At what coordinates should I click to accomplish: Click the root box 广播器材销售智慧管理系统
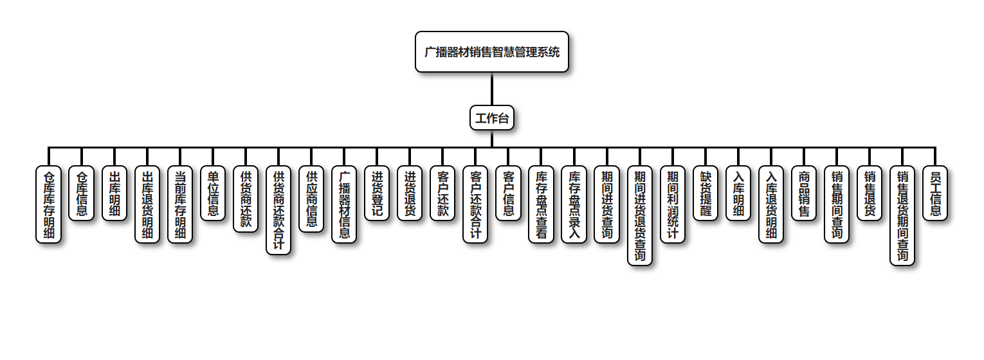click(492, 52)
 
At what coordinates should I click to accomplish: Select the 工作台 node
click(492, 118)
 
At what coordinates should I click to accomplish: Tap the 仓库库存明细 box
click(48, 204)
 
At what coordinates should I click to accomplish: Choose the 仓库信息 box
click(81, 194)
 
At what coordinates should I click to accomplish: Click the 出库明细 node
click(114, 194)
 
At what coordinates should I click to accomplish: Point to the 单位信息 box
click(212, 194)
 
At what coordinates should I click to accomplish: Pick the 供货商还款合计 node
click(278, 210)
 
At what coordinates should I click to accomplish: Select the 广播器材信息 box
click(344, 204)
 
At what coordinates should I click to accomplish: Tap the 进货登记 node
click(377, 194)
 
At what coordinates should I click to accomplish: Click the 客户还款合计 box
click(475, 204)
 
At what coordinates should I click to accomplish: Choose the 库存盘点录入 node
click(574, 204)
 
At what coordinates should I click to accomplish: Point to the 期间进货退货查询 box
click(640, 215)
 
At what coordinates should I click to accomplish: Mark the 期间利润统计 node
click(673, 204)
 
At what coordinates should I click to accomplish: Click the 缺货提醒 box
click(706, 194)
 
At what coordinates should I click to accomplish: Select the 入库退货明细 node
click(771, 204)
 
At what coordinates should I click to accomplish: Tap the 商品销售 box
click(804, 194)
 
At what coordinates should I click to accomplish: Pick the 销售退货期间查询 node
click(902, 215)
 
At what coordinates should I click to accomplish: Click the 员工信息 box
click(935, 194)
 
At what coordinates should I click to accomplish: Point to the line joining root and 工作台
click(492, 89)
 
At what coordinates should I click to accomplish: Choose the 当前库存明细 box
click(179, 204)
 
